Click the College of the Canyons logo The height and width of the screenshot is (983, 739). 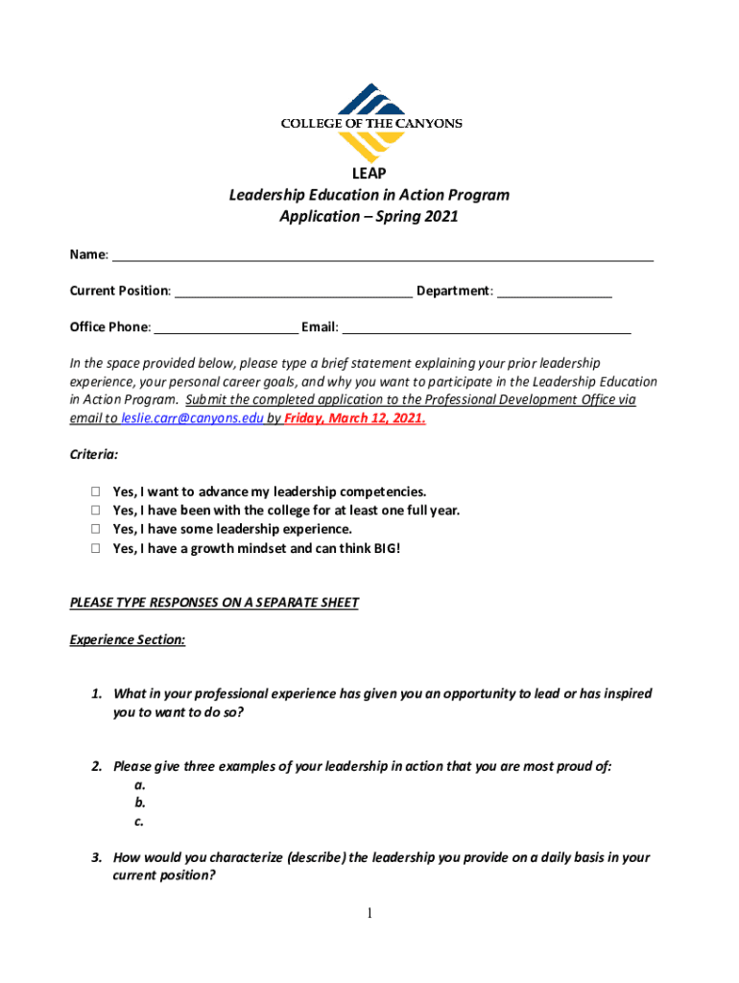pos(369,123)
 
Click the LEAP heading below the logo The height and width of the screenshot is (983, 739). pos(369,174)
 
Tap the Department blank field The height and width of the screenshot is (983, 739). pos(555,290)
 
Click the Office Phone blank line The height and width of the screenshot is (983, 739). pos(226,326)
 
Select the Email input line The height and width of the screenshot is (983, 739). pos(487,326)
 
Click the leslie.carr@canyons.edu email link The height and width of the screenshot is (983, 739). pos(192,419)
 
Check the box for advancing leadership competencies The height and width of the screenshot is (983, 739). pos(96,492)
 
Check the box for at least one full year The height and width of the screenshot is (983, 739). pos(96,511)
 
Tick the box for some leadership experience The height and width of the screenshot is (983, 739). pos(96,529)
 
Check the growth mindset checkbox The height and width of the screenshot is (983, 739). pos(96,548)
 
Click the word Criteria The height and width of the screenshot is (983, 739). pos(94,455)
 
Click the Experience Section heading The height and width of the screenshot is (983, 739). pos(128,639)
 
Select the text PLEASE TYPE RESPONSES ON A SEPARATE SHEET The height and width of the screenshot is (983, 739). pos(214,603)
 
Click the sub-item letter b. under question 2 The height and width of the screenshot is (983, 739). pos(140,803)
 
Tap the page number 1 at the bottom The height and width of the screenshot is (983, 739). pos(369,913)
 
